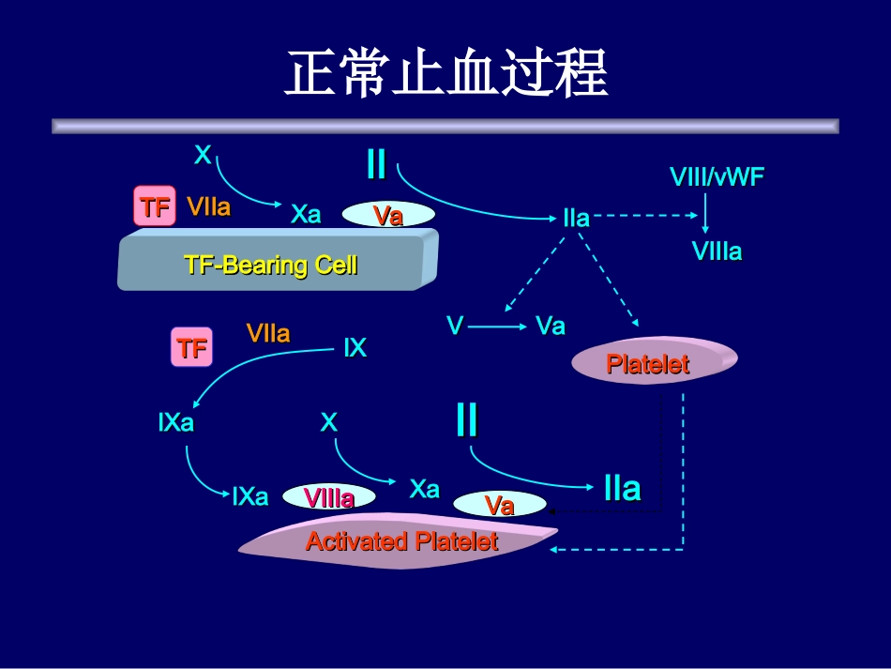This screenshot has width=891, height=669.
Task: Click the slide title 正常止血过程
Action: point(445,74)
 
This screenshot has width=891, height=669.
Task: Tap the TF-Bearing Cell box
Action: point(272,264)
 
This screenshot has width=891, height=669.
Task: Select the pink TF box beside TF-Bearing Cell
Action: point(155,206)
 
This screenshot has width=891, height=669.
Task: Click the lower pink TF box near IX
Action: point(191,348)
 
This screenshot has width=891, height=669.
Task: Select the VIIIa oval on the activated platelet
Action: point(329,498)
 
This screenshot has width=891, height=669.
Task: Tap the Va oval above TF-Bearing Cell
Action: point(387,216)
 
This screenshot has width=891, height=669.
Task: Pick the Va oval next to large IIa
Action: point(500,505)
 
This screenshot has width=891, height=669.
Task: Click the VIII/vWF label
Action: point(717,176)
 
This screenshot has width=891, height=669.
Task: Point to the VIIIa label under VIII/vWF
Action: point(717,251)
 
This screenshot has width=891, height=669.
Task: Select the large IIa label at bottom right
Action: point(622,488)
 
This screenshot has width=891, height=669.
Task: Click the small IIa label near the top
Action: point(576,219)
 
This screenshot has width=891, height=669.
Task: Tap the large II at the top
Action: point(376,165)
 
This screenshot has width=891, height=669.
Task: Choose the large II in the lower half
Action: point(466,420)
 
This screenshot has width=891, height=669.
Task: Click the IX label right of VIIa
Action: point(355,349)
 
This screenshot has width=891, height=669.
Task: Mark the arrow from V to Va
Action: point(497,327)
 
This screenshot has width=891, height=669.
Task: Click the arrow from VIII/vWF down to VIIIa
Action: point(706,213)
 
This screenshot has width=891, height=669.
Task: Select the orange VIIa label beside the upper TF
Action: point(208,206)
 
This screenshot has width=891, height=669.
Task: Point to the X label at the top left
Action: point(203,155)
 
